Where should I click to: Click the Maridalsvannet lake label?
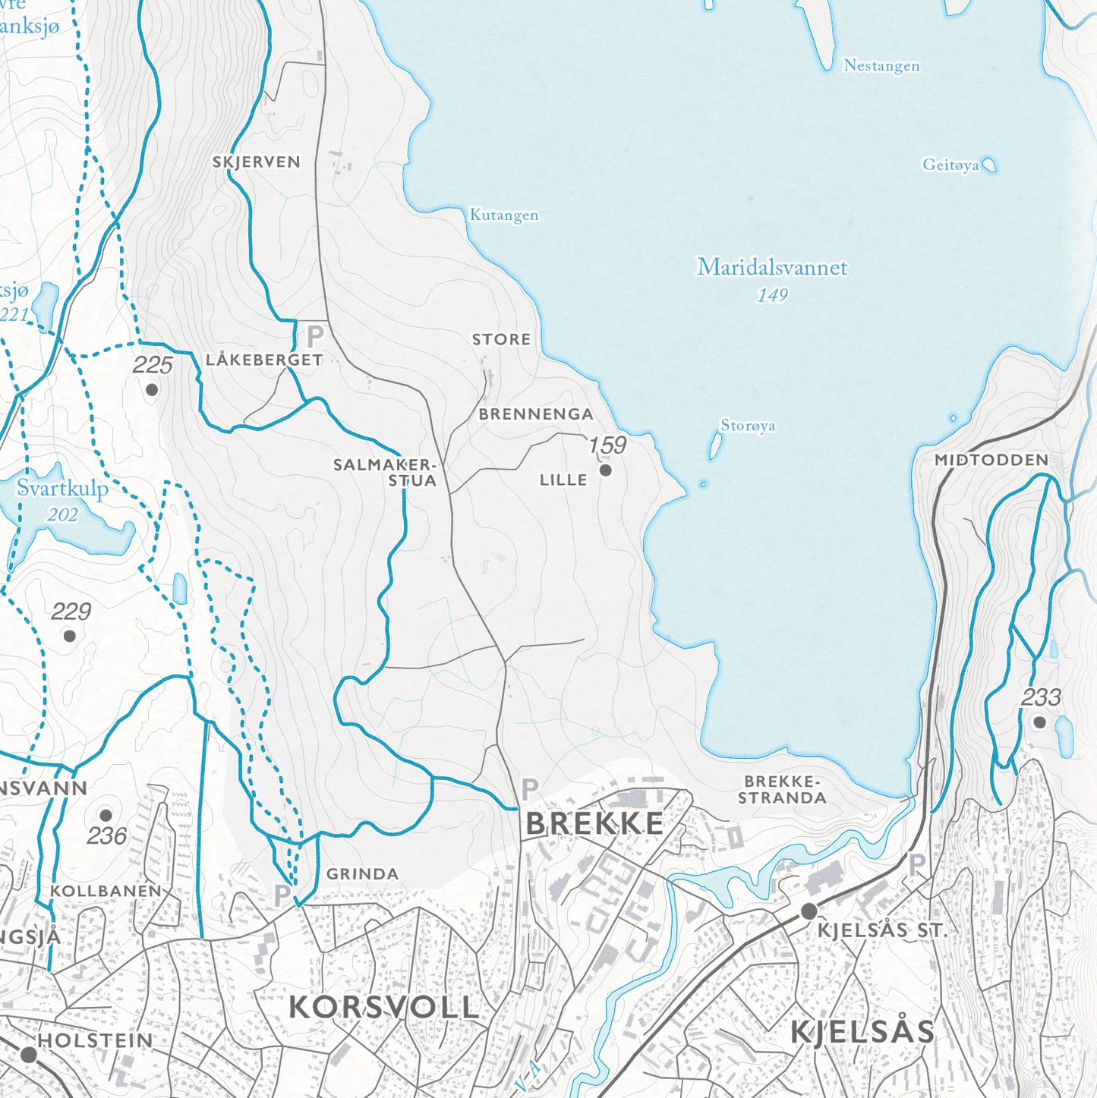(772, 268)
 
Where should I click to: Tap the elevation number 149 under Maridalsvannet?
(772, 295)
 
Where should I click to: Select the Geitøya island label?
(950, 165)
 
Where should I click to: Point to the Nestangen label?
(881, 66)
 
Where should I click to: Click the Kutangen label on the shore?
(504, 216)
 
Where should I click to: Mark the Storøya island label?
(748, 426)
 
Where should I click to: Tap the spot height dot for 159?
(606, 470)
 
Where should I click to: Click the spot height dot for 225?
(152, 390)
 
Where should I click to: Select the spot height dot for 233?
(1040, 722)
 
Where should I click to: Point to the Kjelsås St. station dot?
(809, 911)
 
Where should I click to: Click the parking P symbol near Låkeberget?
(315, 335)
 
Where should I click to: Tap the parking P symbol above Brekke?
(530, 789)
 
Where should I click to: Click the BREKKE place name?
(594, 824)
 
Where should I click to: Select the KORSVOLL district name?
(384, 1008)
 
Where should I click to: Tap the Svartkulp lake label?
(62, 489)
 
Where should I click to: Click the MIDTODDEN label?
(991, 460)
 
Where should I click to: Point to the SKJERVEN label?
(257, 162)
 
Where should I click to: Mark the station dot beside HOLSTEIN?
(29, 1055)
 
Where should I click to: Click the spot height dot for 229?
(70, 636)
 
